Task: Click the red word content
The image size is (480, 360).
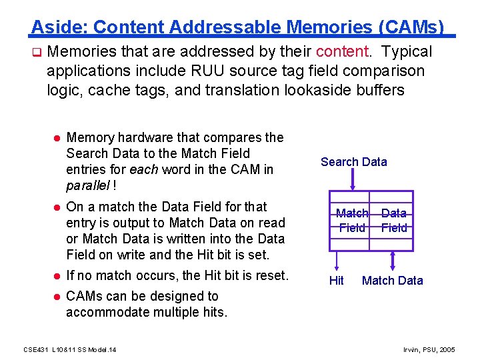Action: pos(342,52)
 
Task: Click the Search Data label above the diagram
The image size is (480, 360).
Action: pos(353,162)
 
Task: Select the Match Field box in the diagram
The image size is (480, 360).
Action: pos(352,221)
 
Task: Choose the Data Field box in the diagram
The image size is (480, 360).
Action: pos(394,221)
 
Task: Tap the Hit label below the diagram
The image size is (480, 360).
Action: pos(337,281)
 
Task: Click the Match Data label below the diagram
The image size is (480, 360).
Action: pos(392,281)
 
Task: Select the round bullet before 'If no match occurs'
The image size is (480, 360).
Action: pos(57,276)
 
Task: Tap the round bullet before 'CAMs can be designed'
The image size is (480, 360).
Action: pos(57,297)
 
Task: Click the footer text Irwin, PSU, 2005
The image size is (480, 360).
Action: pos(430,349)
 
